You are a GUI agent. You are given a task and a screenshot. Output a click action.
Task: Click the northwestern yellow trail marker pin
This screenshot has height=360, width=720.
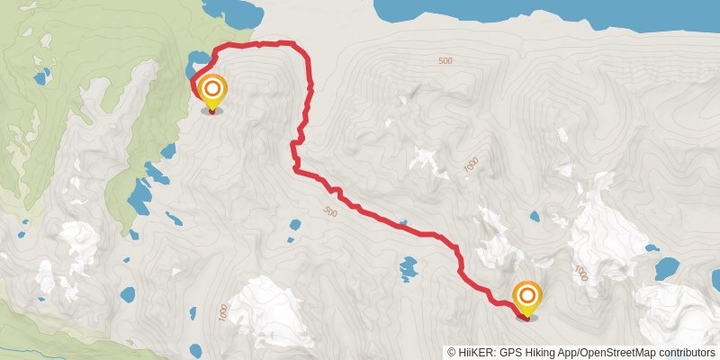[x=212, y=91]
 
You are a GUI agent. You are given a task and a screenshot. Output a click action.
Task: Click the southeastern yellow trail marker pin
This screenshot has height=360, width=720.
[x=526, y=297]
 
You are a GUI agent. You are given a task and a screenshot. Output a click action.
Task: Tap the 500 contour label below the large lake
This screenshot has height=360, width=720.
[x=445, y=60]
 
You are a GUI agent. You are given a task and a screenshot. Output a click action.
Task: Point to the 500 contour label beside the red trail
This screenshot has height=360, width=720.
[x=328, y=212]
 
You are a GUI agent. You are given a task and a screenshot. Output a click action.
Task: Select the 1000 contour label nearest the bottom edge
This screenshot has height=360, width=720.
[x=223, y=311]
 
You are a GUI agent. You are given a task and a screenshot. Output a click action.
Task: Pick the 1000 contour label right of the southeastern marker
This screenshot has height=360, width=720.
[x=581, y=273]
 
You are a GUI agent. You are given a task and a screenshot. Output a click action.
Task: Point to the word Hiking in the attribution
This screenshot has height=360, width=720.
[x=541, y=352]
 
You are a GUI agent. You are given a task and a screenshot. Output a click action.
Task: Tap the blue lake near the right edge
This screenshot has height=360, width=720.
[x=667, y=268]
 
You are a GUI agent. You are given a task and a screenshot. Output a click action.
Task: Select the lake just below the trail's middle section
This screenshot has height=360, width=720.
[x=409, y=267]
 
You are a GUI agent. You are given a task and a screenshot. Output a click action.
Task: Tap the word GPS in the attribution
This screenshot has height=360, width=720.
[x=511, y=352]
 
